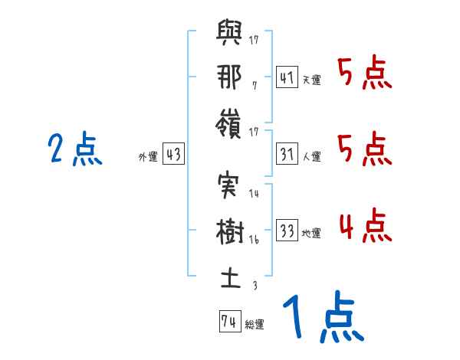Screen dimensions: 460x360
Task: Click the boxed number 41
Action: tap(287, 77)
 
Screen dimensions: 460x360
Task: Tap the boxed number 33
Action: tap(287, 231)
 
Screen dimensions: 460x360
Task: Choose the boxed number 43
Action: tap(173, 155)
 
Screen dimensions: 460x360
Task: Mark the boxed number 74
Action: tap(228, 322)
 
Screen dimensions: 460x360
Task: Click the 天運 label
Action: tap(312, 80)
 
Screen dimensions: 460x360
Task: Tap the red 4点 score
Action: tap(365, 226)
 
